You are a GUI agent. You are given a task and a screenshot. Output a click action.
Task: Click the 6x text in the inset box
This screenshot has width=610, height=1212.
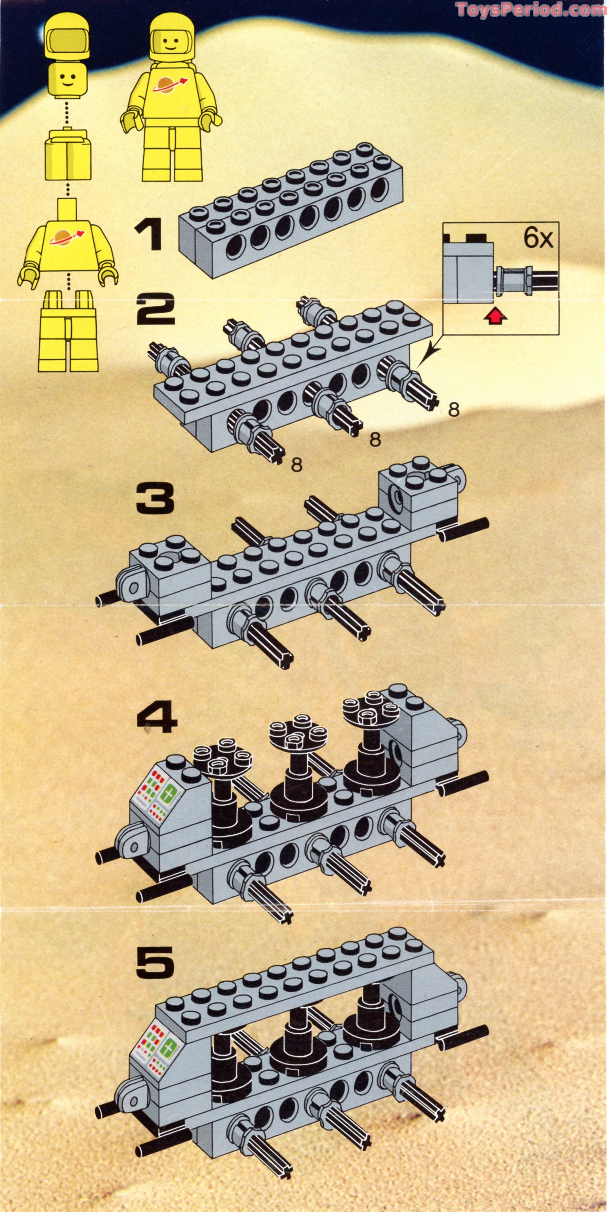[x=537, y=239]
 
